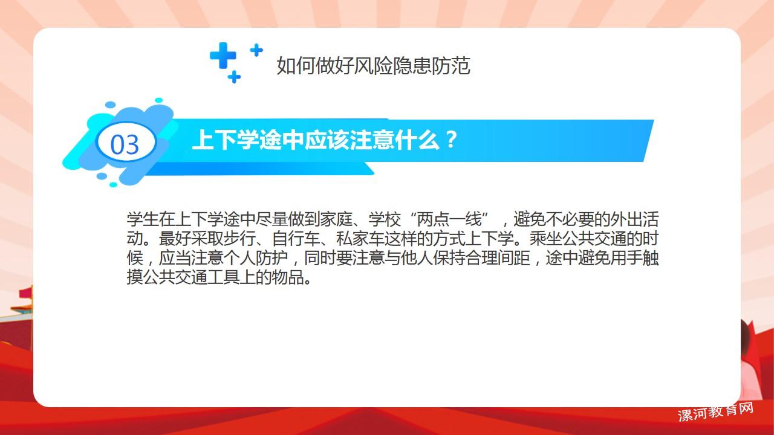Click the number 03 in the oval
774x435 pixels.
click(125, 144)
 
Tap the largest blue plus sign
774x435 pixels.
click(223, 55)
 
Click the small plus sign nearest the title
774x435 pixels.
click(256, 50)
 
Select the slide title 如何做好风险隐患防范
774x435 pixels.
click(373, 66)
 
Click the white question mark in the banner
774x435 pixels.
click(451, 140)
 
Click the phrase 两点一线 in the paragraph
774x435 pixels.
click(449, 219)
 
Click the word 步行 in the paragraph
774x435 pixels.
click(240, 238)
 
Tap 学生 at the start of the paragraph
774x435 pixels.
click(143, 219)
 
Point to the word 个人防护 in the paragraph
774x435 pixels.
click(256, 257)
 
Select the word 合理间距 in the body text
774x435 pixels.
click(498, 257)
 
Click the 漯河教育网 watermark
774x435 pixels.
click(715, 412)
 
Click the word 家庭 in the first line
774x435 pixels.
click(336, 219)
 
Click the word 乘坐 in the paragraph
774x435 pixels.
click(546, 238)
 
